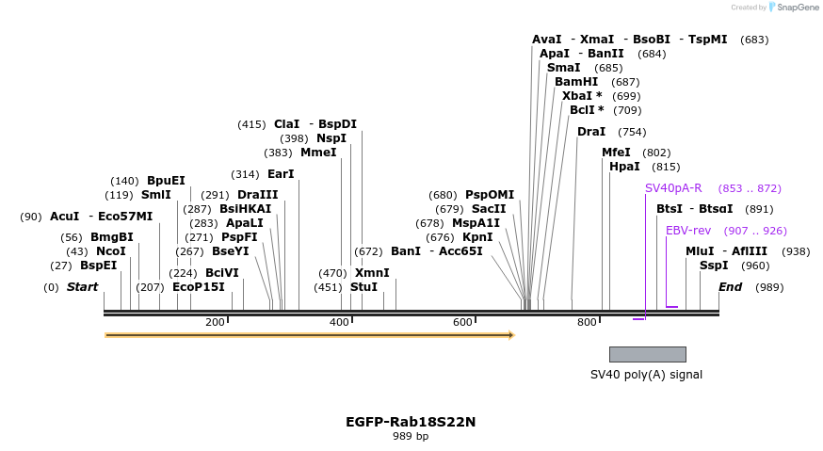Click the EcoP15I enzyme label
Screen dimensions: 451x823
tap(199, 287)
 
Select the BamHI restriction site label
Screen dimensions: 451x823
tap(576, 82)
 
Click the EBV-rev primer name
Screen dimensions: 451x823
tap(688, 231)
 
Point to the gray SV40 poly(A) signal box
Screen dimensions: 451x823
tap(647, 354)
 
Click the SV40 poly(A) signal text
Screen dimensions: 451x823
tap(646, 375)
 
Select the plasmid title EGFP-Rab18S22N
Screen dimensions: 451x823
tap(411, 422)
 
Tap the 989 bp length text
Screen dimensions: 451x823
tap(411, 436)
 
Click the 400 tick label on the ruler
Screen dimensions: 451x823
tap(339, 323)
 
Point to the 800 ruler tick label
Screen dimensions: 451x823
tap(587, 323)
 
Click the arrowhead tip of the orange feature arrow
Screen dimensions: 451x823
tap(512, 334)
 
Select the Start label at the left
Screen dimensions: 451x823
tap(82, 287)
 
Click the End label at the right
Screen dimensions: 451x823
tap(730, 287)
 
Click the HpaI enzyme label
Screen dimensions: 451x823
tap(624, 167)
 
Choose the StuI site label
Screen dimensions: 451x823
tap(363, 287)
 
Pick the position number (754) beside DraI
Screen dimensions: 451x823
tap(632, 132)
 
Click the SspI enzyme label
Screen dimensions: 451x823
tap(714, 266)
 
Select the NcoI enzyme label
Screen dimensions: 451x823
tap(110, 251)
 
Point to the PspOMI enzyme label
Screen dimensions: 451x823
tap(490, 195)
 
